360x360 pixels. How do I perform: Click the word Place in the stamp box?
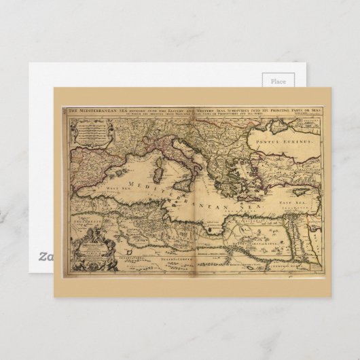tap(278, 80)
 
